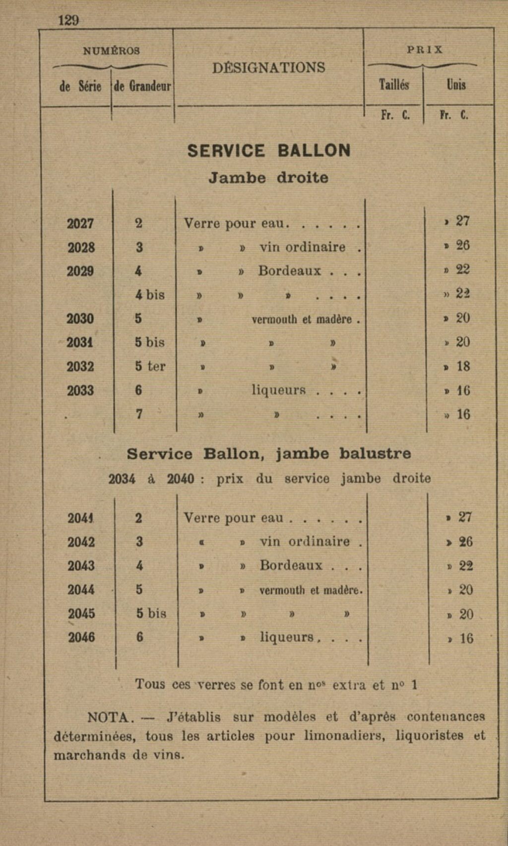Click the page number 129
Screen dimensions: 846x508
[x=68, y=20]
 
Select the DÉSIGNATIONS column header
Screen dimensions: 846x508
[x=268, y=68]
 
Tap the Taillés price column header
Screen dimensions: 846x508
[x=394, y=85]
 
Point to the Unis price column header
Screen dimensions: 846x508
[x=456, y=85]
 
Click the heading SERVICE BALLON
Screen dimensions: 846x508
[x=269, y=151]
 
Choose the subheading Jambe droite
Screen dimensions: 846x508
[x=268, y=178]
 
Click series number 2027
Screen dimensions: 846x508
[x=80, y=224]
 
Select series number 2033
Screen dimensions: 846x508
[x=80, y=390]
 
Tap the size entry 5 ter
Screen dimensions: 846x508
[x=150, y=367]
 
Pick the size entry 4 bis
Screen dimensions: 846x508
[x=150, y=295]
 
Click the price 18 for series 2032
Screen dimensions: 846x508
[x=463, y=367]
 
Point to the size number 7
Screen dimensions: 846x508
[x=139, y=414]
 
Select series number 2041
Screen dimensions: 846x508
[x=81, y=518]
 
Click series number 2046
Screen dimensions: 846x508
[x=81, y=637]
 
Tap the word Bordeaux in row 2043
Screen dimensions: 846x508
[x=291, y=566]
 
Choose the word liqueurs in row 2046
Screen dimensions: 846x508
[x=287, y=637]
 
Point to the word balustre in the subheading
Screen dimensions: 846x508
[x=375, y=454]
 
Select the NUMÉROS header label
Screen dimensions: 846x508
[x=111, y=51]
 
